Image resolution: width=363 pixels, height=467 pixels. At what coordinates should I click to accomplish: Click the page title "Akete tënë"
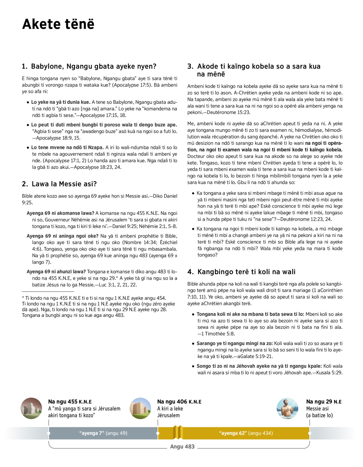coord(58,24)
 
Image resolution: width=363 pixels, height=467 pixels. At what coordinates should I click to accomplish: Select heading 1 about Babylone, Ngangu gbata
coord(89,66)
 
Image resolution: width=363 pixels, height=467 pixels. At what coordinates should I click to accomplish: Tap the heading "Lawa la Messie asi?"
coord(59,184)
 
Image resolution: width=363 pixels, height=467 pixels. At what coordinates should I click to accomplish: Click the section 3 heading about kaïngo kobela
coord(254,70)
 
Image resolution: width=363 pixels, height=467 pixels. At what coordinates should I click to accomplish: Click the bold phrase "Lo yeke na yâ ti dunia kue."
coord(60,102)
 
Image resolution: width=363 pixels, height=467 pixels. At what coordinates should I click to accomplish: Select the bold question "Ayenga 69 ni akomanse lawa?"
coord(60,213)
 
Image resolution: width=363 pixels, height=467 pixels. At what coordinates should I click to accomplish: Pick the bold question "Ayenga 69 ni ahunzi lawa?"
coord(56,272)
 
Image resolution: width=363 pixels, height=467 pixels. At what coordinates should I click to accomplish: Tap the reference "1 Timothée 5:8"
coord(218,334)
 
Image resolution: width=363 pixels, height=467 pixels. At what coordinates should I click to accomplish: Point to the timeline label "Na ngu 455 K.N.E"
coord(70,402)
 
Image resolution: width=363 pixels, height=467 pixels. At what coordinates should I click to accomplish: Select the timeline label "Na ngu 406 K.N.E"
coord(179,402)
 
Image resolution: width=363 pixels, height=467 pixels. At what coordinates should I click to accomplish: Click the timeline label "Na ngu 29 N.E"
coord(324,402)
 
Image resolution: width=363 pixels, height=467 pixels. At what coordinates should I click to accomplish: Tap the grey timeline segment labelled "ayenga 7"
coord(103,433)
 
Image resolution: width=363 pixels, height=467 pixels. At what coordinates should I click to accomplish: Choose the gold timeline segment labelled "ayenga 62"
coord(246,433)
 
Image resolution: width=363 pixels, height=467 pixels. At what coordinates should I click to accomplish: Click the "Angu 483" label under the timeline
coord(182,447)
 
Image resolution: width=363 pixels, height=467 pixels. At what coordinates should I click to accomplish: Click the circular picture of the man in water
coord(287,409)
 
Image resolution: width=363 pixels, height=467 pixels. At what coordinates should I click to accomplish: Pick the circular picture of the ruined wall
coord(31,409)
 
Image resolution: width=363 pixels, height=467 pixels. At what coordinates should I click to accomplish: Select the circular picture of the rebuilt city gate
coord(140,409)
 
